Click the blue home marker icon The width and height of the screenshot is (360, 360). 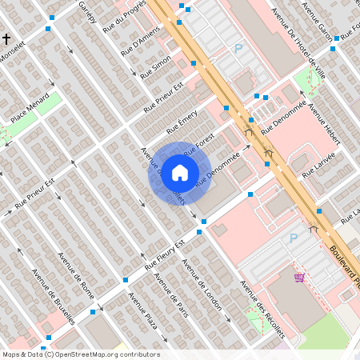[180, 173]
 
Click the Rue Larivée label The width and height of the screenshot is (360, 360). [318, 162]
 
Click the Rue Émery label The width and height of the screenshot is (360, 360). [182, 122]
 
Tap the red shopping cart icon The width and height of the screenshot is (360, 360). [299, 278]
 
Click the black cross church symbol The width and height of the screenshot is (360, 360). [6, 38]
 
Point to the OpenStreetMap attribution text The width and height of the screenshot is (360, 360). [81, 354]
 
